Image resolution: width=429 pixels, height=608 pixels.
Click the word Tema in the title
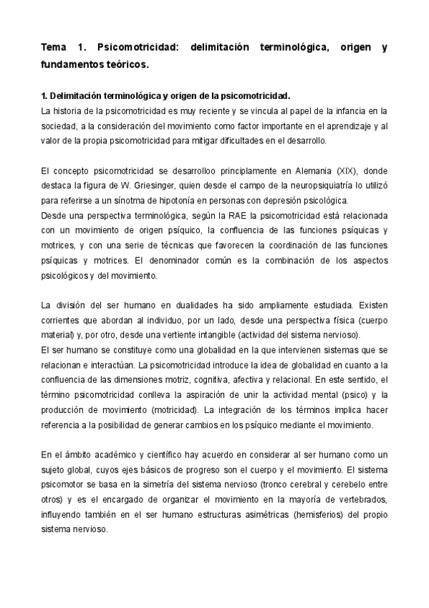(53, 49)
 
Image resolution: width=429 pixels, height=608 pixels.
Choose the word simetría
(166, 484)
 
